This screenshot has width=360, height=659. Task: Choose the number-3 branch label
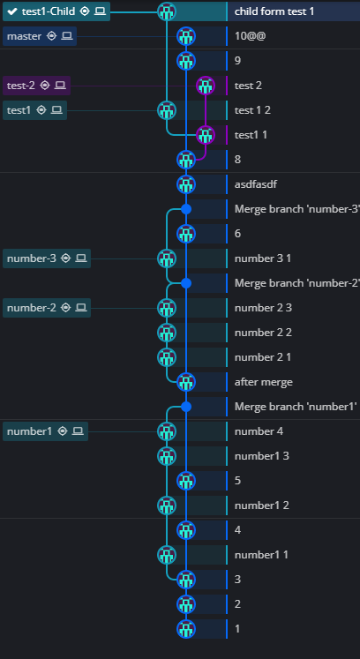click(31, 258)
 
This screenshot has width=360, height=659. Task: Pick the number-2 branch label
click(31, 308)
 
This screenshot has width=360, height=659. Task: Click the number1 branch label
click(29, 431)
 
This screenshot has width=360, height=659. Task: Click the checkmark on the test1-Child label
click(12, 11)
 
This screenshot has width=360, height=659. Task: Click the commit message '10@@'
click(251, 36)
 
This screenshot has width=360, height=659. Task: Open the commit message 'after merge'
click(263, 382)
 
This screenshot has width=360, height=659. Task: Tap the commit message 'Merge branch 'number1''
click(295, 407)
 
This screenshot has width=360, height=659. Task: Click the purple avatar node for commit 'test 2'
click(205, 86)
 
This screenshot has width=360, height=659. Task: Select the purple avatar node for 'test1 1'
click(205, 135)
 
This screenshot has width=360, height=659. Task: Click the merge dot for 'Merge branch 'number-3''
click(185, 209)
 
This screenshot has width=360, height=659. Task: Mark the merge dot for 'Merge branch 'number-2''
click(185, 283)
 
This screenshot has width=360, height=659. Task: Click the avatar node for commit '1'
click(185, 629)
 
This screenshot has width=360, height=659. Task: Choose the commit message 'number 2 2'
click(263, 333)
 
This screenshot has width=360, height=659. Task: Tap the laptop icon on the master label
click(67, 36)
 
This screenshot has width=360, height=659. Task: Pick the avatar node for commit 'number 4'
click(167, 431)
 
